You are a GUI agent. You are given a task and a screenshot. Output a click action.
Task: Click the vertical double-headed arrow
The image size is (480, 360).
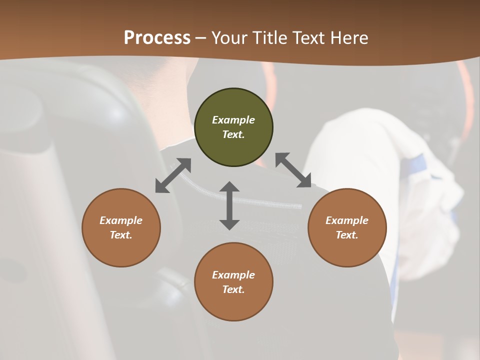point(229,205)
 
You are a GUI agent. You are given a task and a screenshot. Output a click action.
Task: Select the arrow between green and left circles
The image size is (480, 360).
point(173,175)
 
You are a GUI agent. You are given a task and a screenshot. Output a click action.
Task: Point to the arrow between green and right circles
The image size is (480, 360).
point(293,170)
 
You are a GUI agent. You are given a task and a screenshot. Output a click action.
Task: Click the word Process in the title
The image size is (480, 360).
point(157,37)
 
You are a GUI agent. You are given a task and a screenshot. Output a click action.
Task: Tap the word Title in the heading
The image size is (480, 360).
point(270,37)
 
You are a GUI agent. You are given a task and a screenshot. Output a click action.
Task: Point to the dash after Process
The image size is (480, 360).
point(200,38)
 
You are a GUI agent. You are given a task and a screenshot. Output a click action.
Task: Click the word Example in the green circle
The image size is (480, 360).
point(233,120)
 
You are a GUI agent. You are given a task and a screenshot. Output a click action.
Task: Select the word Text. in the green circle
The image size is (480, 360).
point(233,134)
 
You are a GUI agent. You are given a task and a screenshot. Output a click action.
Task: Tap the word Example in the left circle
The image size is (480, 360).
point(121,220)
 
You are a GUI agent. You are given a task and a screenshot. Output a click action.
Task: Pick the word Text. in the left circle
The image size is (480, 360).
point(121,235)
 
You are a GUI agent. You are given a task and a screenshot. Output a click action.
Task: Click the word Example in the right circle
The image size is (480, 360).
point(347,220)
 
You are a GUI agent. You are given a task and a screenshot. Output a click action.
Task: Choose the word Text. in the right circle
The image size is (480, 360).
point(347,235)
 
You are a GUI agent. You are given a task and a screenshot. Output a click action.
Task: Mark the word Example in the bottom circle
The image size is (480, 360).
point(233,275)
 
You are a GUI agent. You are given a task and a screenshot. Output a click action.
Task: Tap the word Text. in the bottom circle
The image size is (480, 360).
point(233,289)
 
